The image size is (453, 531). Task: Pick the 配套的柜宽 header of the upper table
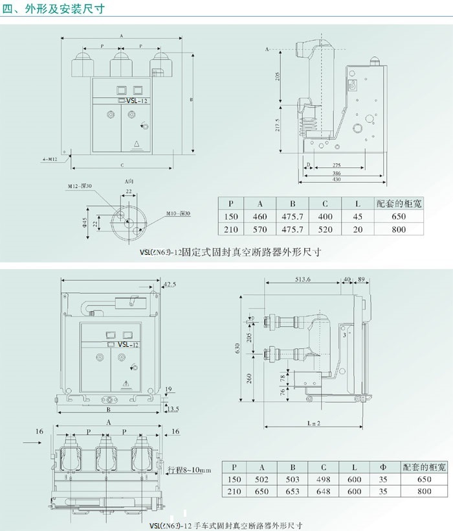(x=399, y=203)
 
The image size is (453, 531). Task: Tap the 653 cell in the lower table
(x=293, y=491)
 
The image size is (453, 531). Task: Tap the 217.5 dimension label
(x=278, y=123)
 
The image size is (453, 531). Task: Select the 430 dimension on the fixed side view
(x=337, y=180)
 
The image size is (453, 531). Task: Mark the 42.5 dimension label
(x=170, y=284)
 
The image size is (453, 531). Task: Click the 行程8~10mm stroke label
(x=190, y=469)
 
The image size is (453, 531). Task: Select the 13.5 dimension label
(x=172, y=409)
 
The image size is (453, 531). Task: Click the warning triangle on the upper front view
(x=137, y=145)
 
